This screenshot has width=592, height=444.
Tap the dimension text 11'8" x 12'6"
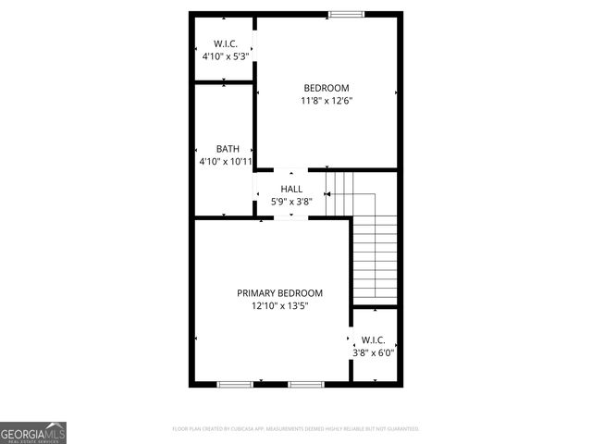pyautogui.click(x=327, y=101)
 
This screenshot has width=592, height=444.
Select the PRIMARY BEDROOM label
pyautogui.click(x=279, y=293)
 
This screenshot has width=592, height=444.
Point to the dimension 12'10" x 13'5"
pyautogui.click(x=279, y=306)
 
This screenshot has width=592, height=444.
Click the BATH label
pyautogui.click(x=228, y=149)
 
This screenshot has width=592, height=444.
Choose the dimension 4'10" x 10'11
pyautogui.click(x=226, y=162)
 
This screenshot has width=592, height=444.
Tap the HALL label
pyautogui.click(x=291, y=189)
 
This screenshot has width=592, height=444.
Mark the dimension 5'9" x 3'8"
pyautogui.click(x=291, y=202)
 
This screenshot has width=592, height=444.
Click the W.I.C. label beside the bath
pyautogui.click(x=226, y=43)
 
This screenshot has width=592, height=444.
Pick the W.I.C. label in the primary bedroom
pyautogui.click(x=373, y=339)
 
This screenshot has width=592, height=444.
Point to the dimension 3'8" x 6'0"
pyautogui.click(x=373, y=352)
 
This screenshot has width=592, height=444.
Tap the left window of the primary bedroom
pyautogui.click(x=235, y=383)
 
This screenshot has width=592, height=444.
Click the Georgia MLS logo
pyautogui.click(x=33, y=433)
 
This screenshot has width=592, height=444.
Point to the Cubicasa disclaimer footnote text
pyautogui.click(x=296, y=429)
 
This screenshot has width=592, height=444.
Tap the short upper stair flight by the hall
pyautogui.click(x=340, y=192)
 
